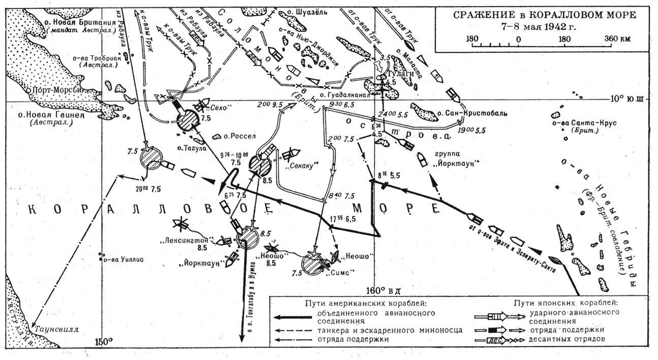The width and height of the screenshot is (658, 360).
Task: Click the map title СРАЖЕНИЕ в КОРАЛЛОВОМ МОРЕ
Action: point(541,15)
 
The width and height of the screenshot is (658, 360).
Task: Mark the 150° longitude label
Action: point(103,342)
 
